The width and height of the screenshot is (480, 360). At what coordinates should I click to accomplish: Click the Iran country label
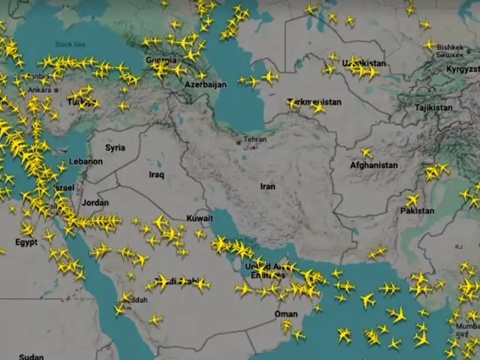tap(268, 186)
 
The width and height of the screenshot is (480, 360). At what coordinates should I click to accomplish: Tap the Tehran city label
tap(255, 140)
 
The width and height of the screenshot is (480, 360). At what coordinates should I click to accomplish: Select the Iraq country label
tap(157, 174)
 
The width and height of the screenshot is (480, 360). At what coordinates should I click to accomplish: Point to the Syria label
tap(115, 147)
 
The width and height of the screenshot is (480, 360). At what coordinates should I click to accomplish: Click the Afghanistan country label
tap(374, 165)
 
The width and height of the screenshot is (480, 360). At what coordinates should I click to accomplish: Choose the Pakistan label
tap(417, 211)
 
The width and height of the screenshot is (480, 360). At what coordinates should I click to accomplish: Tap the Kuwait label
tap(200, 218)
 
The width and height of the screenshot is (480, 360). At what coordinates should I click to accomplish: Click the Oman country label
tap(286, 314)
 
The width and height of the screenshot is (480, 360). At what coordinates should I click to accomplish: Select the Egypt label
tap(26, 242)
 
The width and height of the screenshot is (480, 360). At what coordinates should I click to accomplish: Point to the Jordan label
tap(95, 203)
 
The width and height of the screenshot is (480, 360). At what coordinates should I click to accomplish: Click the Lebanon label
tap(86, 161)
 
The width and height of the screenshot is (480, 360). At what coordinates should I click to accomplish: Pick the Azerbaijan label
tap(205, 84)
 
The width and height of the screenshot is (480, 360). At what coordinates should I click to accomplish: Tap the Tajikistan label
tap(434, 107)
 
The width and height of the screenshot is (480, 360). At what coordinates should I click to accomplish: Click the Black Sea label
tap(70, 44)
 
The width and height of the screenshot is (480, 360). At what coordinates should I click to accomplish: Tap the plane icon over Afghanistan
tap(367, 153)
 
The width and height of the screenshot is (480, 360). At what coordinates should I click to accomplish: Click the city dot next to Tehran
tap(238, 142)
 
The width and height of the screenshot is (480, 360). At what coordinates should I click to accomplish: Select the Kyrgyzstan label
tap(463, 69)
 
